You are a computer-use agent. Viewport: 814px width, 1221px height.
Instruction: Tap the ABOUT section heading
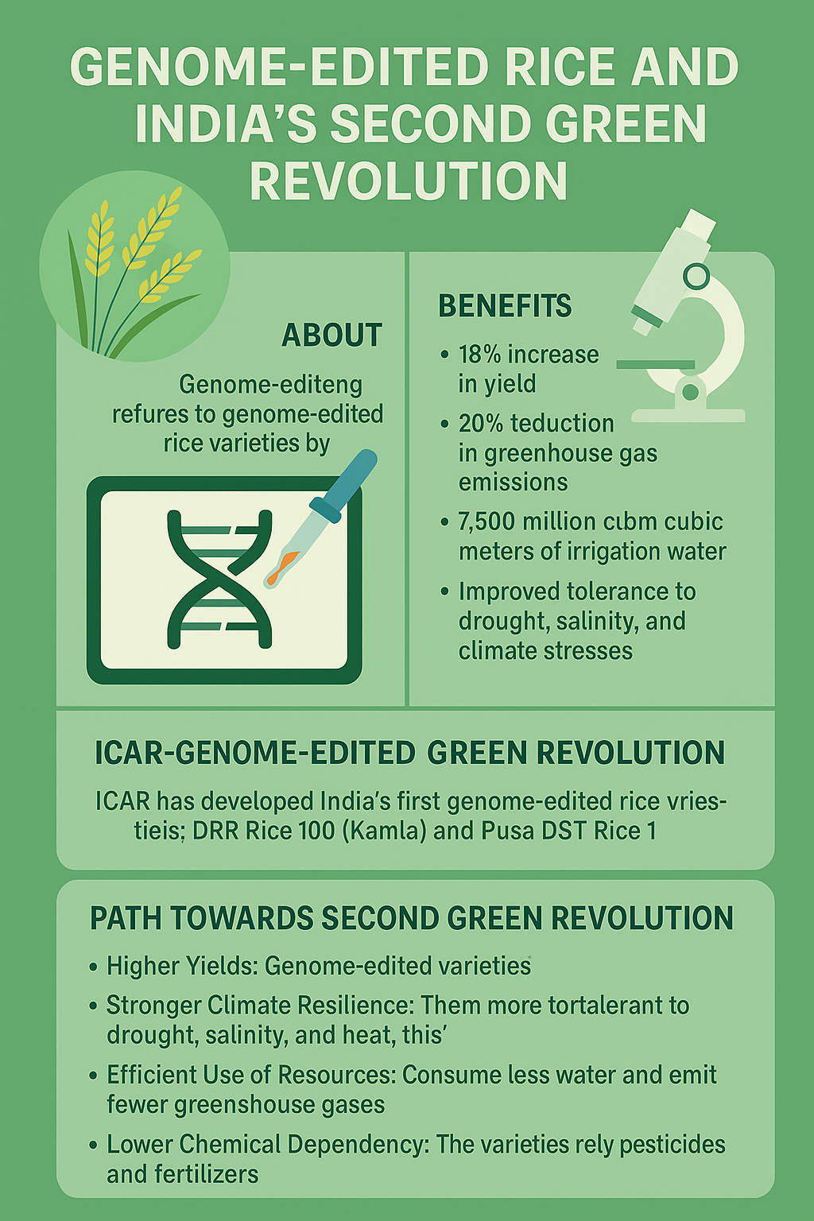pyautogui.click(x=331, y=335)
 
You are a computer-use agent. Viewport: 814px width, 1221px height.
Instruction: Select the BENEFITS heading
pyautogui.click(x=505, y=306)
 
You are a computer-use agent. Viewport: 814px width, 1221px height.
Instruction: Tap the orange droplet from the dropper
pyautogui.click(x=281, y=568)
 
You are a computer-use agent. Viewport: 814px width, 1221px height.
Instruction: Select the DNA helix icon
pyautogui.click(x=219, y=579)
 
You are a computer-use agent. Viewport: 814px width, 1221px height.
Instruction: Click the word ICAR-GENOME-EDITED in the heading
pyautogui.click(x=254, y=754)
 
